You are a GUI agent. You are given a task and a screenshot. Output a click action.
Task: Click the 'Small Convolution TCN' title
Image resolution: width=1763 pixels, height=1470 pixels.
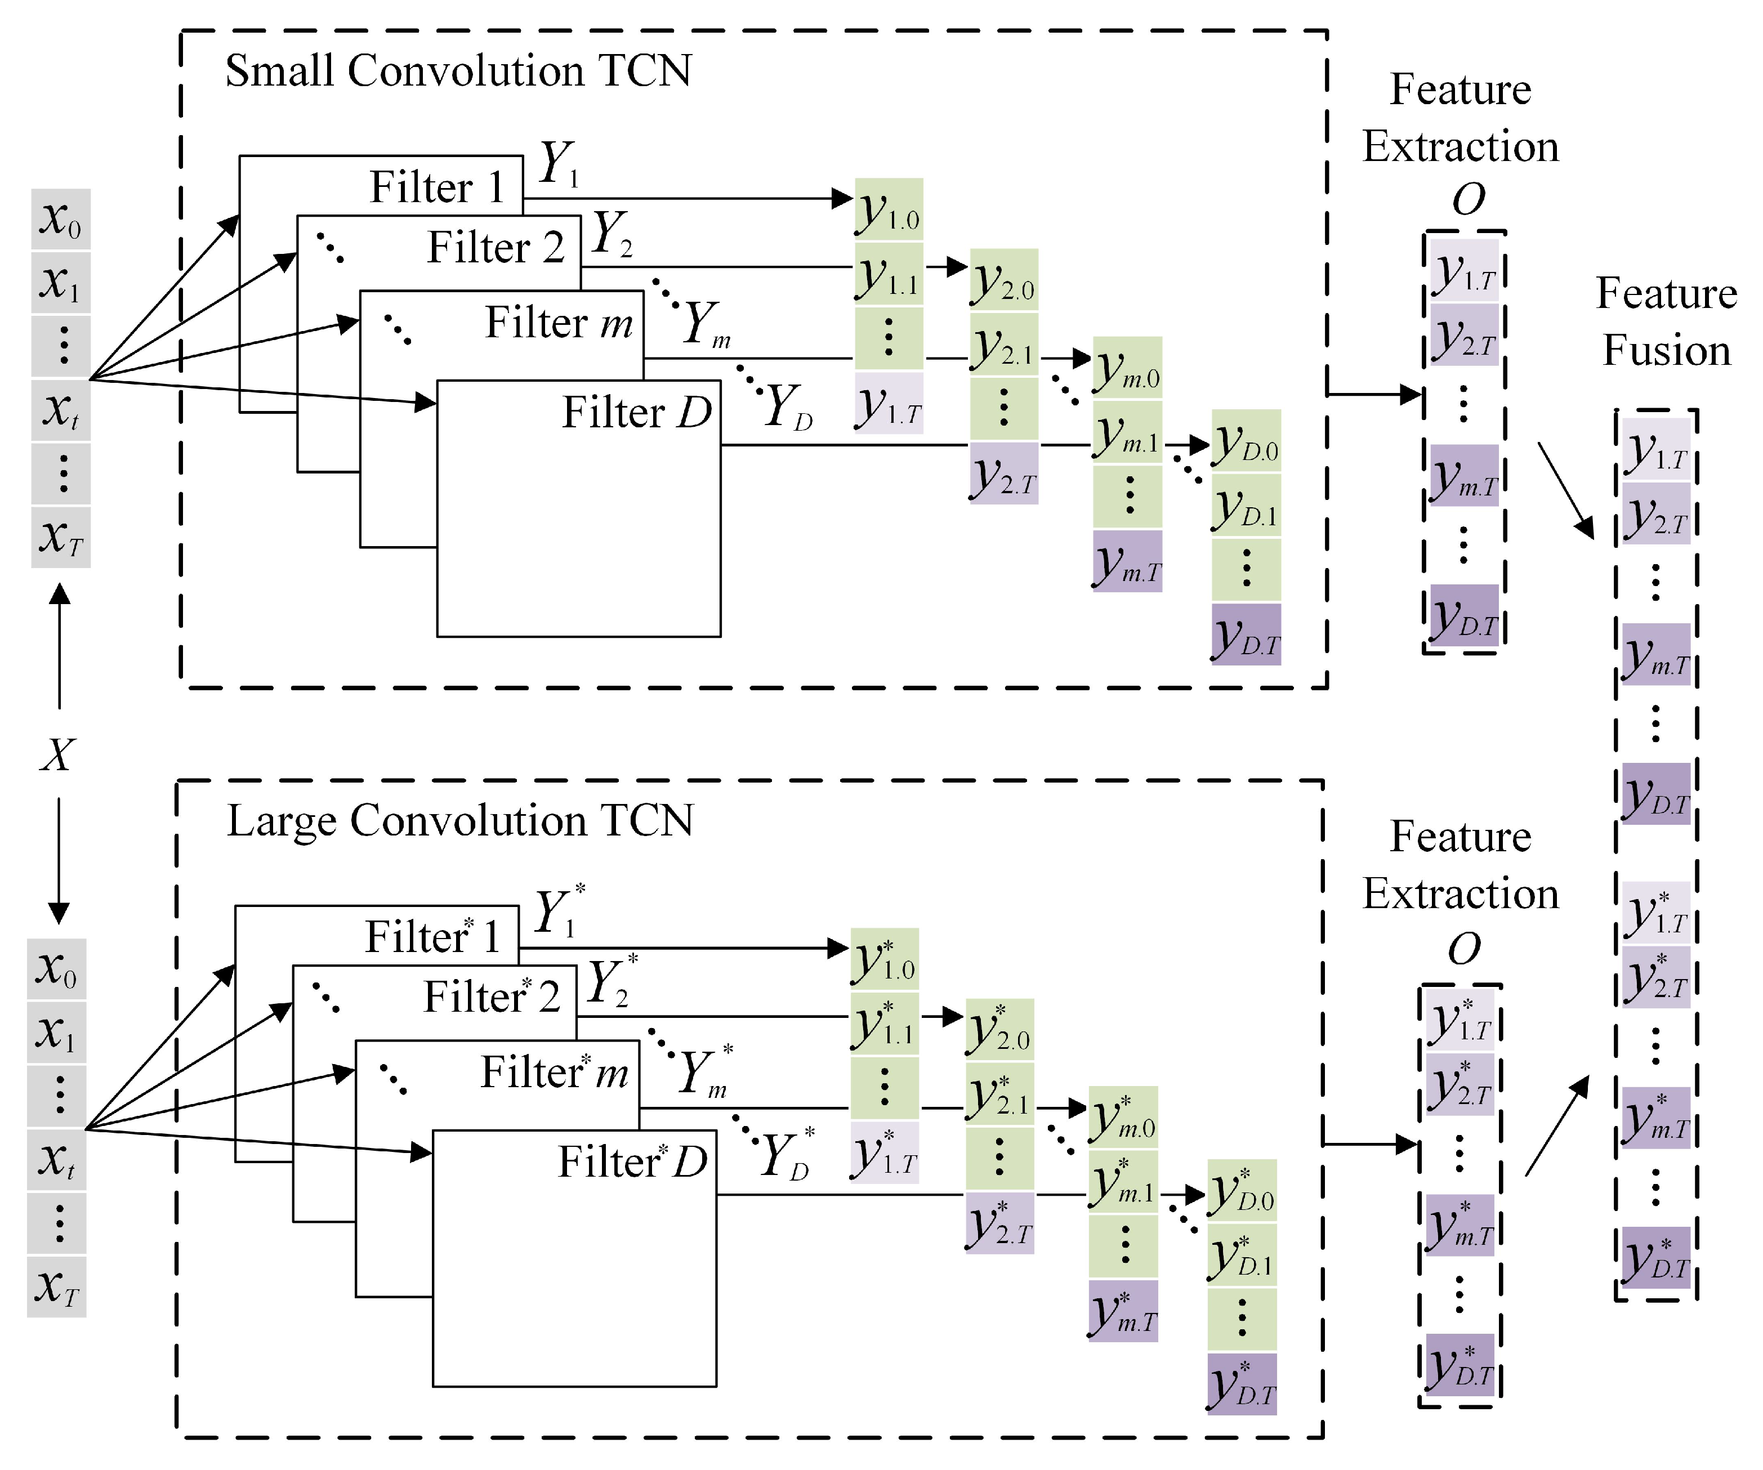click(x=458, y=70)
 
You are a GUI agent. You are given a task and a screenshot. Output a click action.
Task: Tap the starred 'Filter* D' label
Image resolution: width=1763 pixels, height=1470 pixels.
click(x=633, y=1162)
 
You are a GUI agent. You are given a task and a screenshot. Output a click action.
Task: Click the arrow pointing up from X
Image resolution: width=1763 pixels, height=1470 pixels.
click(x=60, y=646)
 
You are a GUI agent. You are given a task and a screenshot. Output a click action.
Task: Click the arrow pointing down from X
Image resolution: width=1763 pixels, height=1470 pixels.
click(x=59, y=860)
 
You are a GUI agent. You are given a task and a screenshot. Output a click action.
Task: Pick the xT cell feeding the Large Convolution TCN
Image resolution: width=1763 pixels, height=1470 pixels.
click(x=56, y=1286)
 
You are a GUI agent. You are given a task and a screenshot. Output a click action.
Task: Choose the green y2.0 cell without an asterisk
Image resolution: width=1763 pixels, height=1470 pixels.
click(x=1004, y=280)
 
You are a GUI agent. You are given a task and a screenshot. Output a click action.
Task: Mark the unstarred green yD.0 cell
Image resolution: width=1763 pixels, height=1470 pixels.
click(x=1246, y=441)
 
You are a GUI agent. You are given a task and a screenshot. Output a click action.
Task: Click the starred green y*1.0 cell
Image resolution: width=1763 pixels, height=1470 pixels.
click(x=885, y=959)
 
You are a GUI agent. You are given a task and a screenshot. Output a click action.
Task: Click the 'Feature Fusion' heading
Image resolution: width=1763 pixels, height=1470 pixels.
click(x=1667, y=321)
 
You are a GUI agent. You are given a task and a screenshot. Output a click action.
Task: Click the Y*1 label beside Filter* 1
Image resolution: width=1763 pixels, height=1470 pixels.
click(x=560, y=911)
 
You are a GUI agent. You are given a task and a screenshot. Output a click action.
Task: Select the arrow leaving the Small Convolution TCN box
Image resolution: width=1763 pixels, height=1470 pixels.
click(x=1375, y=394)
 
